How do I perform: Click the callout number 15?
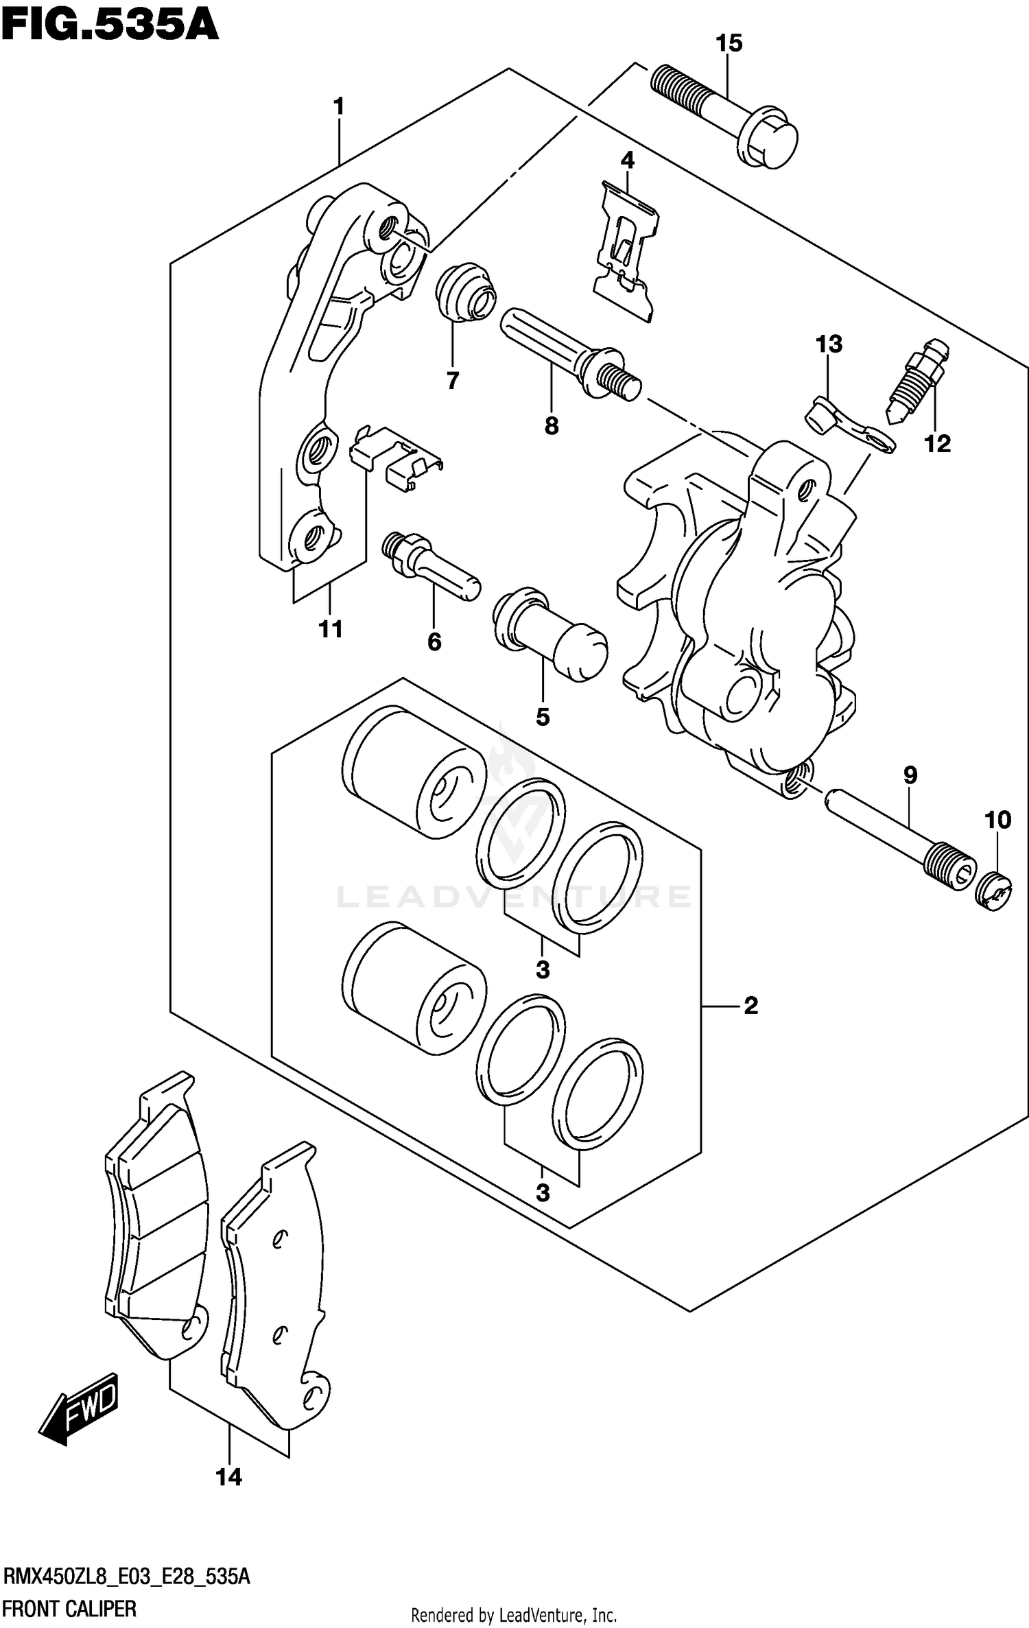[x=729, y=44]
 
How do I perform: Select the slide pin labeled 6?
[x=430, y=569]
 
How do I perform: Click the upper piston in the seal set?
[x=414, y=774]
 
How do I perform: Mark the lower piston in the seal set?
[x=414, y=988]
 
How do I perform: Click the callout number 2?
[x=750, y=1006]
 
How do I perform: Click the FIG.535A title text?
[x=110, y=25]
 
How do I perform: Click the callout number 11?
[x=330, y=629]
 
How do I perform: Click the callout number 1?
[x=338, y=107]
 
